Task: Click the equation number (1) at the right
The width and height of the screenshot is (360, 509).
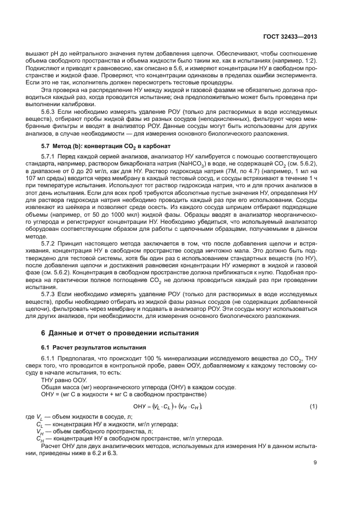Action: (314, 407)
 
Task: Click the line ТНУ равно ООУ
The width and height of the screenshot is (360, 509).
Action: (68, 380)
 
